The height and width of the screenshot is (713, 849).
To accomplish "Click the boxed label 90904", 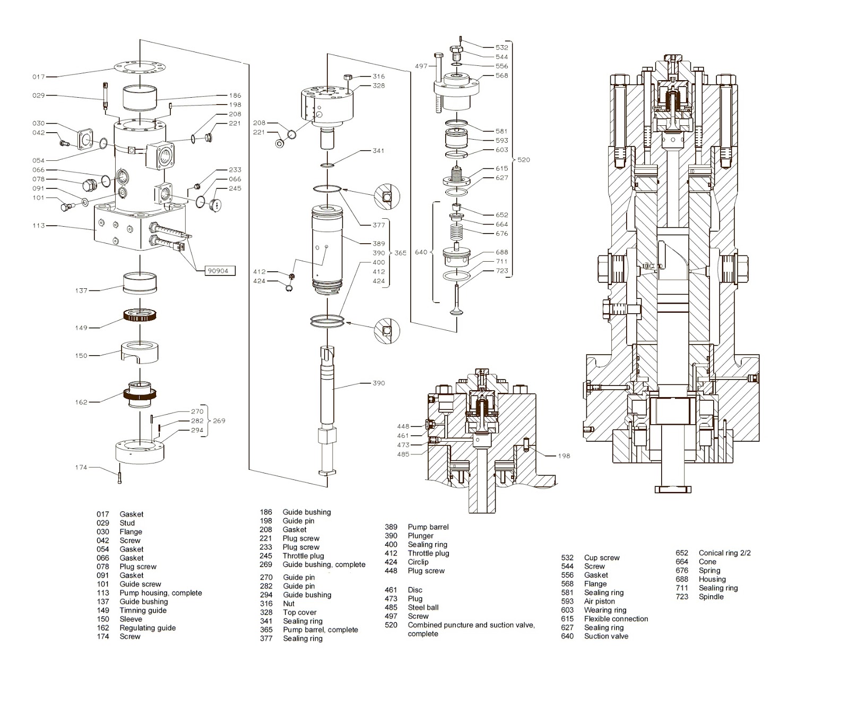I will tap(218, 271).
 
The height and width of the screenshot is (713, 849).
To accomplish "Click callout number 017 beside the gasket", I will tap(39, 77).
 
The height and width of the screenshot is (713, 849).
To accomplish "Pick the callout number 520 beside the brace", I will tap(523, 160).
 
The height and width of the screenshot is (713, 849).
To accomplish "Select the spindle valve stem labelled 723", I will tap(456, 300).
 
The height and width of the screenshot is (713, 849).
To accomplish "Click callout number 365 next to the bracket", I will tap(400, 253).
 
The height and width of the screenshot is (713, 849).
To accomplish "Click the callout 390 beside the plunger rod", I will tap(378, 383).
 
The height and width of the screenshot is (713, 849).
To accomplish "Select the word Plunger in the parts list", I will tap(420, 536).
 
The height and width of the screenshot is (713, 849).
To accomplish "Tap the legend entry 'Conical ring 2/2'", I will tap(724, 553).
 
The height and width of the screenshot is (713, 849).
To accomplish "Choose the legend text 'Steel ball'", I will tap(423, 607).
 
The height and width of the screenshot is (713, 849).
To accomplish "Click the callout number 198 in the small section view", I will tap(564, 456).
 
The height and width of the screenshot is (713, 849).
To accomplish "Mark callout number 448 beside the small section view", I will tap(403, 426).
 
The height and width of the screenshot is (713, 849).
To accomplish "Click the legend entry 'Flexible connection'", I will tap(616, 619).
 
